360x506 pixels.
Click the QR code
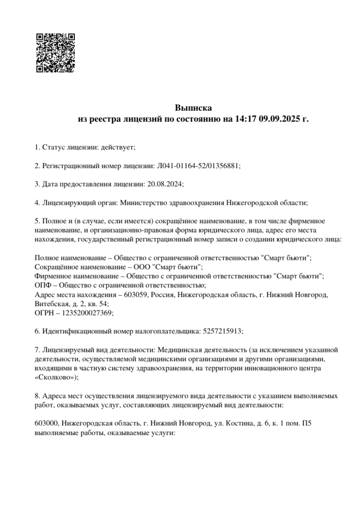click(55, 53)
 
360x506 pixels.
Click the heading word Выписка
click(193, 108)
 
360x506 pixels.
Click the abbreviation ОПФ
click(43, 285)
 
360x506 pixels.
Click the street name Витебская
click(51, 304)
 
